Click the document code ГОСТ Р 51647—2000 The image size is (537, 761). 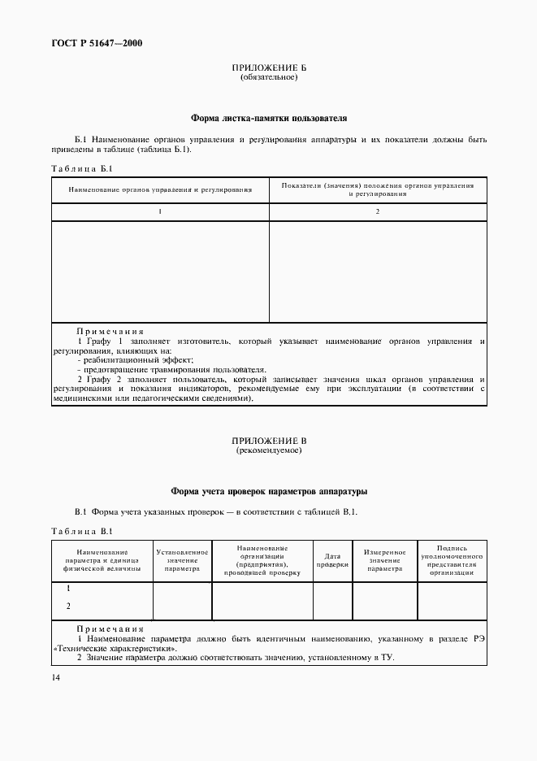tap(91, 43)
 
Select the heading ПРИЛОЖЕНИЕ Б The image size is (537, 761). tap(268, 68)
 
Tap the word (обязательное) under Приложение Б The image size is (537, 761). tap(268, 78)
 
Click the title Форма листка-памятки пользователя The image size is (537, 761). tap(268, 118)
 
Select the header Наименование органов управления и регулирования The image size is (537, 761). tap(160, 189)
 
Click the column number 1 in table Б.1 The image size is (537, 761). tap(160, 211)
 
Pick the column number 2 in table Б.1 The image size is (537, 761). tap(378, 211)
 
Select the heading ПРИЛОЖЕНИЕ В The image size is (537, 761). tap(268, 440)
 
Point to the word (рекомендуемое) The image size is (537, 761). tap(268, 450)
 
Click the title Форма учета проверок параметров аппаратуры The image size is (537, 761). tap(268, 491)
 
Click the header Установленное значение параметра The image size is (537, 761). tap(182, 561)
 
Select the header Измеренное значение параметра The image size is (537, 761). tap(384, 561)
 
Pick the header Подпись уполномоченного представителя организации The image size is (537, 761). tap(451, 561)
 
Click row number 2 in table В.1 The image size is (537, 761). tap(68, 606)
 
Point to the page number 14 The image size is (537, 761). tap(55, 678)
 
